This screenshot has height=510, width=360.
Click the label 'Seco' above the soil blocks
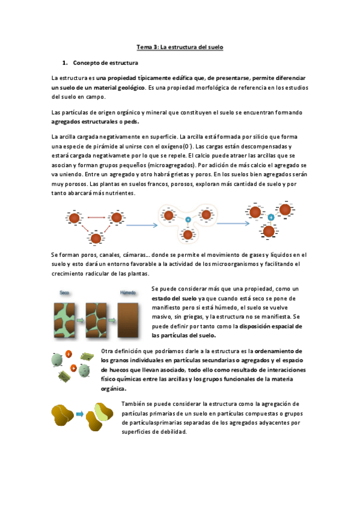click(65, 292)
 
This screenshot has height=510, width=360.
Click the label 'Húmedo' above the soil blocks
click(128, 292)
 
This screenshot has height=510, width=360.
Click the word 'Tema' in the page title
click(145, 47)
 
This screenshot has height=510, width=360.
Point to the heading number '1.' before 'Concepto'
click(66, 63)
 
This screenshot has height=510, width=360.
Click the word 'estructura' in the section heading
click(124, 63)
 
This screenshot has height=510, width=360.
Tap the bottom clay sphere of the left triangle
click(95, 239)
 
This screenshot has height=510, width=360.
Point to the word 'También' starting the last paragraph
click(132, 404)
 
